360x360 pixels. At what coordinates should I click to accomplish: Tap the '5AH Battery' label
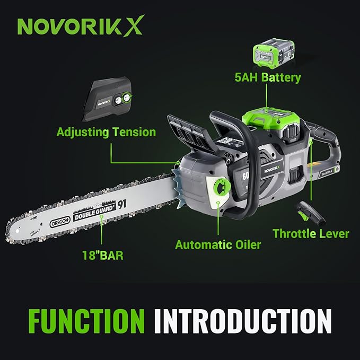click(268, 77)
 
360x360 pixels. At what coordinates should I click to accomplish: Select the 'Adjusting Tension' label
click(107, 131)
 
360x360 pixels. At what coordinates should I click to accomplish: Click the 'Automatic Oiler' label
click(217, 245)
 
